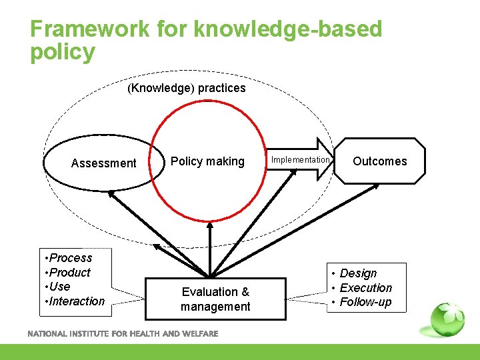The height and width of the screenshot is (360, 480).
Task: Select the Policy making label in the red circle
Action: tap(207, 161)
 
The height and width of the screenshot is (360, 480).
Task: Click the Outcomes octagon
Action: tap(379, 161)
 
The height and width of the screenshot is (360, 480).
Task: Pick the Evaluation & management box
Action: tap(215, 299)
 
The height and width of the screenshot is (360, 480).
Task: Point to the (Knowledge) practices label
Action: tap(187, 88)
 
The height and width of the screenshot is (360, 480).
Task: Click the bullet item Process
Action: tap(71, 258)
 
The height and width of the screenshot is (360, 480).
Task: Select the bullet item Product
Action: tap(70, 272)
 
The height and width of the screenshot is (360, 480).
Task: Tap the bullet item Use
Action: tap(59, 287)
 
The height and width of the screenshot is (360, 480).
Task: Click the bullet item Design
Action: tap(358, 273)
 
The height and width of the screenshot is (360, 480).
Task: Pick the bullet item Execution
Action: tap(365, 288)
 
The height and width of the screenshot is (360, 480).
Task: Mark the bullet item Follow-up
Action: tap(365, 303)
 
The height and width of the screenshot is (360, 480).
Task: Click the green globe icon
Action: tap(447, 319)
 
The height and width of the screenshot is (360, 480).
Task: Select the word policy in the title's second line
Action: tap(63, 52)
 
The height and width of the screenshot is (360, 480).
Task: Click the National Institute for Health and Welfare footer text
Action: tap(123, 334)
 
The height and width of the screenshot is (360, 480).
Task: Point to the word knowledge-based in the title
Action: tap(288, 29)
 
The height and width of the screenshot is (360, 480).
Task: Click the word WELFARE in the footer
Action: tap(200, 334)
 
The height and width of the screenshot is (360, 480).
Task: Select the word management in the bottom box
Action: tap(215, 307)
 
